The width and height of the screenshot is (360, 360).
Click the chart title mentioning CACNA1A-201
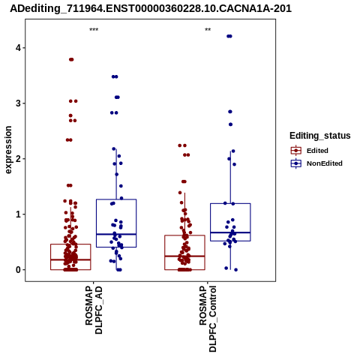click(x=151, y=8)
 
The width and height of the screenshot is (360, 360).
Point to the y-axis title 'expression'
click(x=8, y=150)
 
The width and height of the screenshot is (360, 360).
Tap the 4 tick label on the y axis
click(x=18, y=48)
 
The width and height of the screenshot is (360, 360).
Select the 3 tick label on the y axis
click(x=18, y=103)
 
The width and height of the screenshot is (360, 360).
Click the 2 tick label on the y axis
click(x=18, y=159)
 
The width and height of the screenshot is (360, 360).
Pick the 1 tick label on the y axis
click(x=18, y=214)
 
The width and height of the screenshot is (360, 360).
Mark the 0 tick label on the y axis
click(x=18, y=270)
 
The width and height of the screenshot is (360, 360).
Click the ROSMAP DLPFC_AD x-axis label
click(x=94, y=310)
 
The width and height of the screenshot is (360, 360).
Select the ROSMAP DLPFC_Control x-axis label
click(x=208, y=319)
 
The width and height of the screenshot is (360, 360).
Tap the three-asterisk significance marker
click(x=94, y=30)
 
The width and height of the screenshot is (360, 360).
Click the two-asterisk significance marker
click(x=208, y=30)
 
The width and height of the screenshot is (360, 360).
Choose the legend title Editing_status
click(x=320, y=136)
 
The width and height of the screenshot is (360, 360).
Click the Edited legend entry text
click(x=317, y=151)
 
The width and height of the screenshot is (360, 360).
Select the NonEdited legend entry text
click(x=325, y=163)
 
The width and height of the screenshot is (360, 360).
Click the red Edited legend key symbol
click(x=296, y=151)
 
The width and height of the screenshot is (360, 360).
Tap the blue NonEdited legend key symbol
click(x=296, y=163)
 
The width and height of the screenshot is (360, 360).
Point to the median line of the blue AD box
click(x=116, y=234)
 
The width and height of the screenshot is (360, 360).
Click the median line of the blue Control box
click(x=230, y=232)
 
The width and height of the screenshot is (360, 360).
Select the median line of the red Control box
click(x=184, y=256)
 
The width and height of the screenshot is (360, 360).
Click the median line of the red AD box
click(x=70, y=259)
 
